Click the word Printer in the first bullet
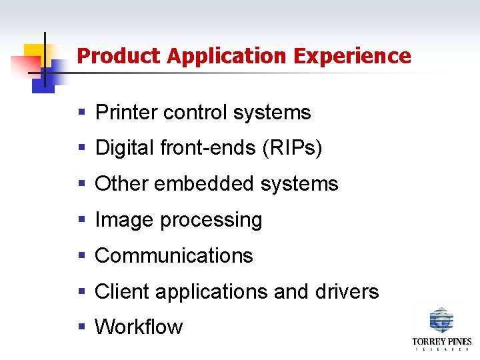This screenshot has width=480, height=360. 127,113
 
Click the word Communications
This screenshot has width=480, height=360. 174,256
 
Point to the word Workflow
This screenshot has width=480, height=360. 139,327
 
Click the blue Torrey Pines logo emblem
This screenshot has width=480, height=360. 441,320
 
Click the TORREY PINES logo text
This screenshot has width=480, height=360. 441,342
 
